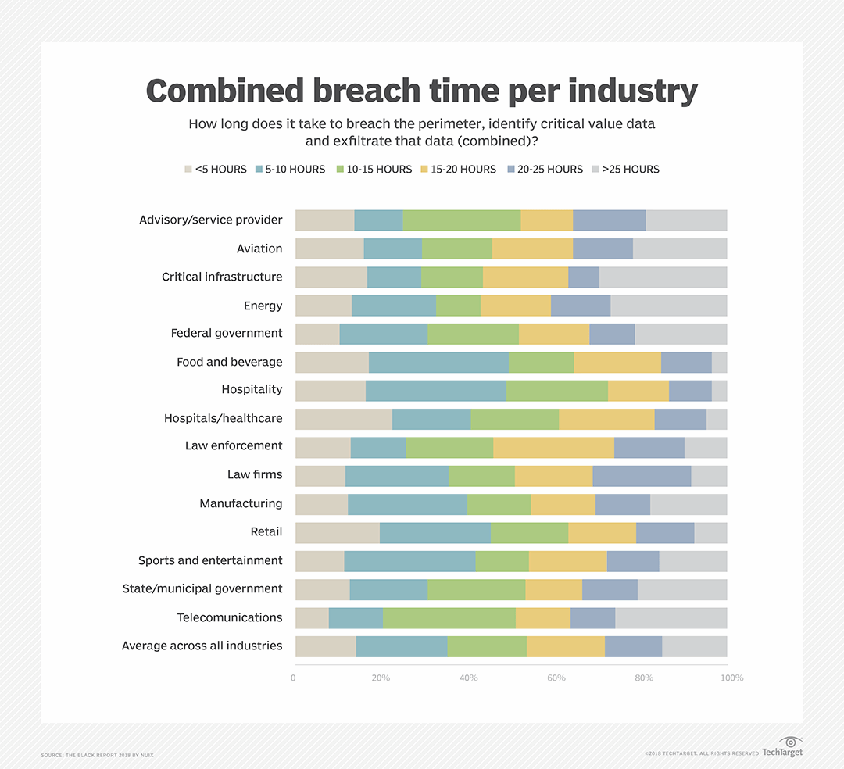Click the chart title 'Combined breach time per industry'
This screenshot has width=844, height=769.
pos(421,91)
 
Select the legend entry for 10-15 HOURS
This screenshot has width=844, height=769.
pos(374,169)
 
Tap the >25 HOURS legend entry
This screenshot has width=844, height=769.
pos(625,169)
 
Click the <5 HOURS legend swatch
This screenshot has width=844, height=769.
pos(188,169)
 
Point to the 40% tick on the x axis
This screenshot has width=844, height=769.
pos(468,678)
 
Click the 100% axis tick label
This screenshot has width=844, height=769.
pos(731,678)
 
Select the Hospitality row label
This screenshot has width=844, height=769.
pos(252,389)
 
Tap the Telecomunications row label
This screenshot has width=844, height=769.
pos(230,617)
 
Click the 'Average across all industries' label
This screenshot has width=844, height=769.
pos(202,646)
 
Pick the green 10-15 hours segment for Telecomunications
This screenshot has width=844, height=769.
pos(449,618)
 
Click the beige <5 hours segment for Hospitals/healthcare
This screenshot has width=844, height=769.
pos(344,419)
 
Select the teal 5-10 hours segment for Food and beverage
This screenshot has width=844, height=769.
pos(438,362)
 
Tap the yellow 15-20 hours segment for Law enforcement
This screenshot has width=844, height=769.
pos(553,448)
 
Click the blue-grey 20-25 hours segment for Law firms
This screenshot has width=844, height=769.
pos(642,476)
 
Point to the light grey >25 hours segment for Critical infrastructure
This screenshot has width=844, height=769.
pos(663,277)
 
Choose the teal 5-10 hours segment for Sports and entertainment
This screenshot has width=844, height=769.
pos(409,561)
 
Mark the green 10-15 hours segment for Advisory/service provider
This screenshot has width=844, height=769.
pos(461,220)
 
